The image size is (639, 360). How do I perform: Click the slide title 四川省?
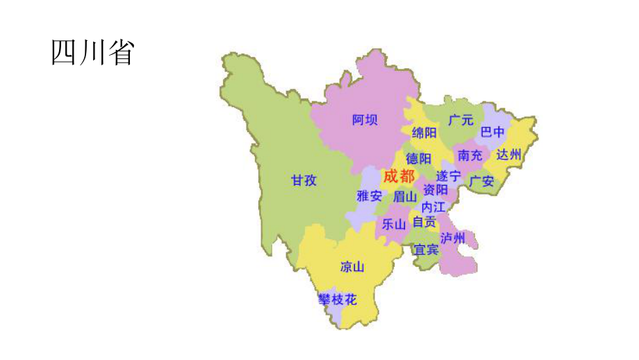[x=92, y=53]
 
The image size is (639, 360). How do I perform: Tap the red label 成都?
[x=399, y=176]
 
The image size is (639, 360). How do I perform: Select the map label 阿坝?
[x=365, y=120]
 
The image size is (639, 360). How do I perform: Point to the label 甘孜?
[x=304, y=181]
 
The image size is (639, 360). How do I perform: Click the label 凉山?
[x=352, y=266]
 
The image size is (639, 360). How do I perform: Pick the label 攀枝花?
[x=338, y=300]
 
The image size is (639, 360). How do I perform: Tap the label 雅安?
[x=370, y=196]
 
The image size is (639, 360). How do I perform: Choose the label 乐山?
[x=393, y=224]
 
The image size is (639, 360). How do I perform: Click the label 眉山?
[x=405, y=197]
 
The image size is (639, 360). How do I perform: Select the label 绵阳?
[x=424, y=133]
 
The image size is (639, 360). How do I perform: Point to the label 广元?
[x=460, y=120]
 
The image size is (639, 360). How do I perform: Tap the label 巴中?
[x=493, y=132]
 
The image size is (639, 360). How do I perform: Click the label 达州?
[x=509, y=154]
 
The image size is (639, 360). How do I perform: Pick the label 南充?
[x=470, y=155]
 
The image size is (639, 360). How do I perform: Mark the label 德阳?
[x=419, y=158]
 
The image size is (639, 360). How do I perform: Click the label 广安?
[x=481, y=181]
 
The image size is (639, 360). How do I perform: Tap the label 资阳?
[x=435, y=190]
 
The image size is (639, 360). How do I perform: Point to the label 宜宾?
[x=426, y=249]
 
